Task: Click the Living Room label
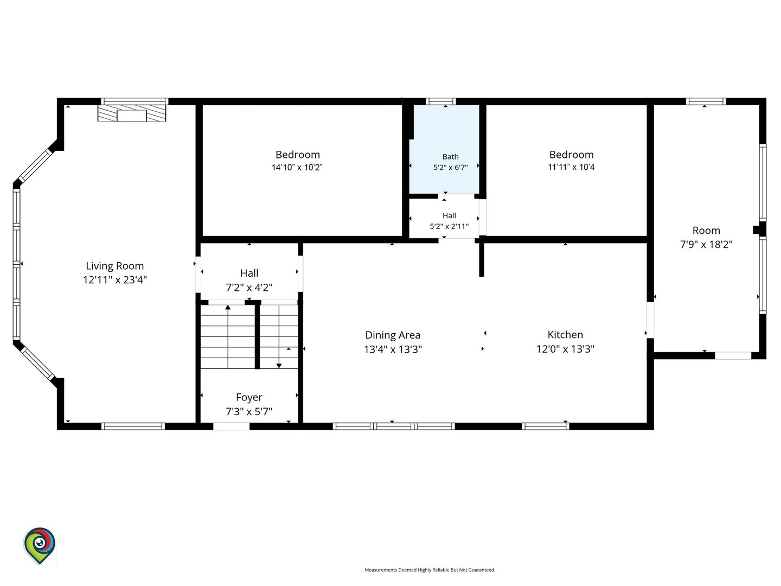[x=114, y=266]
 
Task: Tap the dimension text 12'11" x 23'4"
[x=114, y=279]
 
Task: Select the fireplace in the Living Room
[x=132, y=113]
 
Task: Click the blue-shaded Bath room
[x=444, y=149]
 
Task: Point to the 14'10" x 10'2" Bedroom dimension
[x=297, y=167]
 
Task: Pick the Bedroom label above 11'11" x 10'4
[x=572, y=155]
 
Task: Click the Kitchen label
[x=565, y=334]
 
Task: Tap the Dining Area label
[x=393, y=335]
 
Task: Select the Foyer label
[x=249, y=397]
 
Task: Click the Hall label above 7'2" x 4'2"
[x=249, y=273]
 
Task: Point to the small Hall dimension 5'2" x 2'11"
[x=449, y=226]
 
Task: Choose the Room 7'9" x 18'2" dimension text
[x=706, y=244]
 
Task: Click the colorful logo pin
[x=40, y=545]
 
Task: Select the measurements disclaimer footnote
[x=430, y=570]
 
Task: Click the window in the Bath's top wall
[x=441, y=101]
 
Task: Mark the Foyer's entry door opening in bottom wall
[x=231, y=426]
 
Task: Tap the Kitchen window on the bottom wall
[x=546, y=426]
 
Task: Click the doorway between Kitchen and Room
[x=650, y=320]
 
